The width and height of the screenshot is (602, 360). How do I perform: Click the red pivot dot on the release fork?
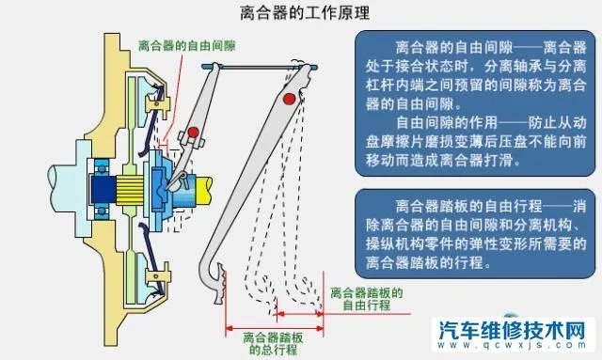194,131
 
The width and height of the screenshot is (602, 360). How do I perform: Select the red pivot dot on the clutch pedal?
299,100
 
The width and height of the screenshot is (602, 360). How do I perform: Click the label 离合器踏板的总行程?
273,342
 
